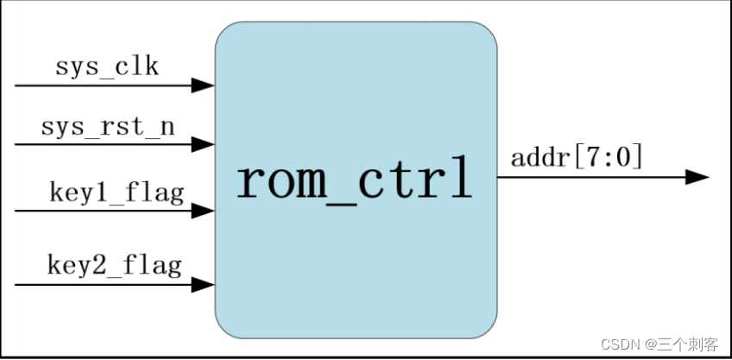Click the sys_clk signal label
pos(107,67)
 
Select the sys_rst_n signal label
pos(108,128)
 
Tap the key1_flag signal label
pos(117,193)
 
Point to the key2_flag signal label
pos(114,264)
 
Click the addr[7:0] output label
pos(577,158)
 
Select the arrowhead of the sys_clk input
pos(203,85)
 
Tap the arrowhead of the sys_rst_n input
pos(203,143)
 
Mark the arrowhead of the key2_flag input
pos(203,283)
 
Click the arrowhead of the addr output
pos(697,177)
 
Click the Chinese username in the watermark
pos(688,344)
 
